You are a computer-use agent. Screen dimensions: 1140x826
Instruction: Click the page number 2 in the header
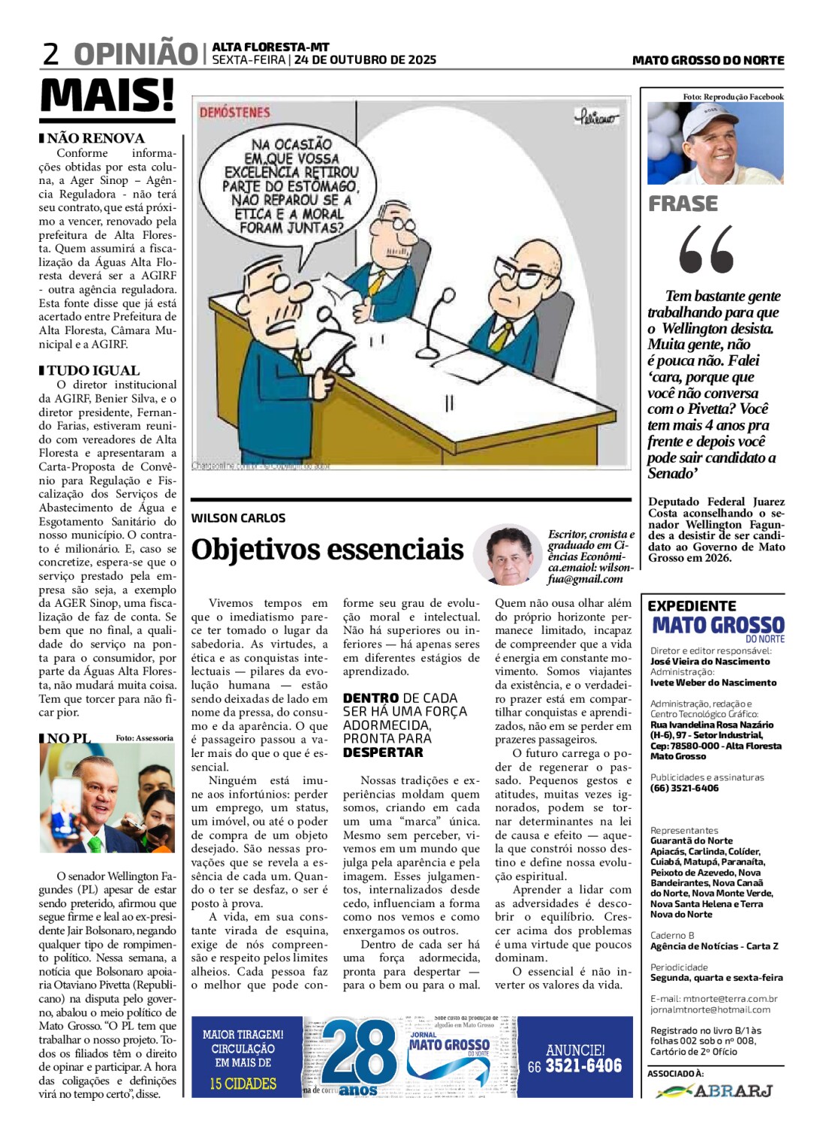(x=50, y=54)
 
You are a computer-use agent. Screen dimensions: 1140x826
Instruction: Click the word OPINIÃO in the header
(x=135, y=54)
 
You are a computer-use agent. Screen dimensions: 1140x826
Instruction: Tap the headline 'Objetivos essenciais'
(x=327, y=549)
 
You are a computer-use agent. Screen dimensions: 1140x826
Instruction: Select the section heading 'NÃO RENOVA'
(x=95, y=138)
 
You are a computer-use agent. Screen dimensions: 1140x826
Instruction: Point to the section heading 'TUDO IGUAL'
(x=93, y=370)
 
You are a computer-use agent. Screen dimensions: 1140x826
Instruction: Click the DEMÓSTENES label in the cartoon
(x=234, y=113)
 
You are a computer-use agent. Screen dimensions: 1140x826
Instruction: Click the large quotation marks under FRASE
(x=706, y=250)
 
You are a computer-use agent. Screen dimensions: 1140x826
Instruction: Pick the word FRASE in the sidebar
(x=683, y=204)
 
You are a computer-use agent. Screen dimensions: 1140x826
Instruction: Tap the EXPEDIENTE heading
(x=692, y=605)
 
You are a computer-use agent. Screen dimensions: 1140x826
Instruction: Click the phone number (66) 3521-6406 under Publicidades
(x=684, y=788)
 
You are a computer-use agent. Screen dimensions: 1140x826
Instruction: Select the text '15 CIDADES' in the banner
(x=243, y=1084)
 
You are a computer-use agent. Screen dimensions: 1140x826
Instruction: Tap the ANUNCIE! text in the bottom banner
(x=575, y=1050)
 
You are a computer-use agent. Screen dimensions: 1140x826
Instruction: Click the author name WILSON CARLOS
(x=238, y=518)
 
